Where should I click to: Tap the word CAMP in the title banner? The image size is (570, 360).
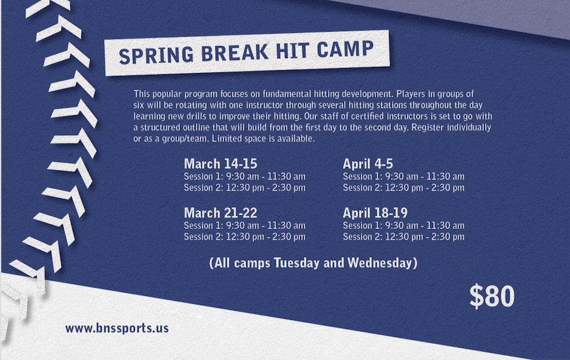point(345,49)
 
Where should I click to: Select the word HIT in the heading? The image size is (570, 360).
point(292,51)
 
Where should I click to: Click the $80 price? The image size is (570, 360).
point(492,296)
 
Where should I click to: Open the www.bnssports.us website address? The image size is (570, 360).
point(117,328)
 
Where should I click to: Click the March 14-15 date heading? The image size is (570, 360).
point(220,163)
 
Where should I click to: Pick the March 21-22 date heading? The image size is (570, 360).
point(220,212)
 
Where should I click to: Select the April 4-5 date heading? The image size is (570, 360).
point(368,164)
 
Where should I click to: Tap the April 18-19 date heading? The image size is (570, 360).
point(375,212)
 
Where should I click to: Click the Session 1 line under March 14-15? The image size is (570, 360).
point(244,176)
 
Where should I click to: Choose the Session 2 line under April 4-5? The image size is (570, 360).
point(403,188)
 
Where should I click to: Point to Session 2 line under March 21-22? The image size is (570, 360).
point(244,237)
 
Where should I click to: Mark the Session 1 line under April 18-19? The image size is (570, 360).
point(403,225)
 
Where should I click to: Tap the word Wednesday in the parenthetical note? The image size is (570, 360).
point(380,263)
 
